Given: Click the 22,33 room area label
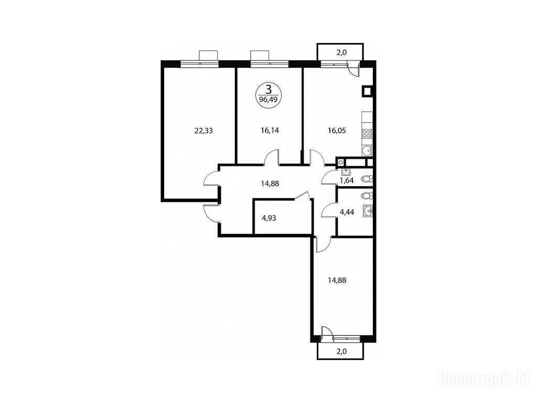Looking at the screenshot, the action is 203,131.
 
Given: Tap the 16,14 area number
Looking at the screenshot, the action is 270,131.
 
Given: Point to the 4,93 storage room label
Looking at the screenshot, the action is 269,218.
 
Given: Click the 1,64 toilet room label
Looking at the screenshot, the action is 347,181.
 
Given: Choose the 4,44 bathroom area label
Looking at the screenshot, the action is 347,212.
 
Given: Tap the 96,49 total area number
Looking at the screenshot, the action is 268,100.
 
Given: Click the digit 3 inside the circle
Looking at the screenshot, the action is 269,90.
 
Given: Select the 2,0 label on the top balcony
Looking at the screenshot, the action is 341,52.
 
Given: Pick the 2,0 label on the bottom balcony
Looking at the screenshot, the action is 341,351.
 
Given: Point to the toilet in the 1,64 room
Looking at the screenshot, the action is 368,179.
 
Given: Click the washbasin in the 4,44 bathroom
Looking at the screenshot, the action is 368,211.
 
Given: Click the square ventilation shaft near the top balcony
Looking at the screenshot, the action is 367,91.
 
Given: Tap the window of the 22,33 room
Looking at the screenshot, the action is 199,63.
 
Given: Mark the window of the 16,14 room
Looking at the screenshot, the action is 270,63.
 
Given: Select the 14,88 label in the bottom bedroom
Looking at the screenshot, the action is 337,280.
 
